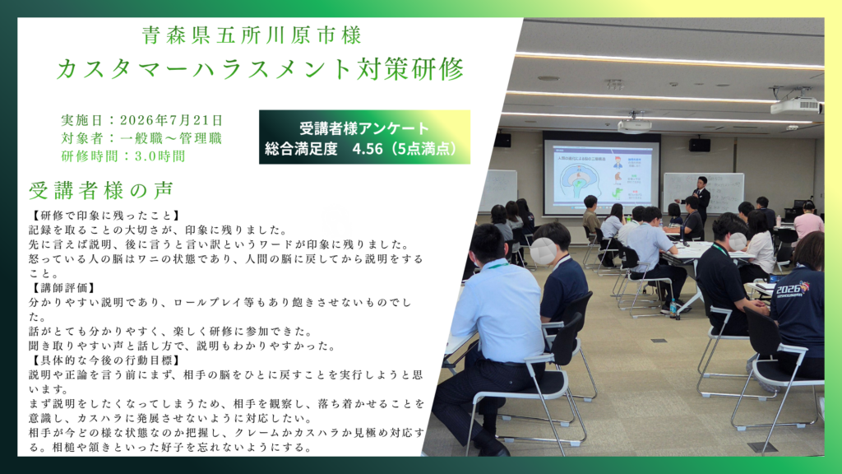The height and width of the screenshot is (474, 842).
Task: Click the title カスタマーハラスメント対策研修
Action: click(260, 69)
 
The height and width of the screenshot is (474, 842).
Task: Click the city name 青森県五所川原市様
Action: click(252, 35)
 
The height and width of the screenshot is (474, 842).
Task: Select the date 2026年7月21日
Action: click(171, 120)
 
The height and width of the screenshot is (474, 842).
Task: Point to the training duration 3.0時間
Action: click(160, 156)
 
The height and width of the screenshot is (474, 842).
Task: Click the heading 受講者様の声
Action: click(101, 190)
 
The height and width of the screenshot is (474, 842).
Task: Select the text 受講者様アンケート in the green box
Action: click(364, 128)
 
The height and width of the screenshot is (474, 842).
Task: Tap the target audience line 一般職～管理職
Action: click(171, 138)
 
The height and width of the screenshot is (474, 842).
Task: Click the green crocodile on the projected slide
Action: click(618, 193)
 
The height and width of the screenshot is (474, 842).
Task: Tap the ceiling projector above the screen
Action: click(634, 126)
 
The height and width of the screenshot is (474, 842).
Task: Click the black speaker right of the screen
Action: click(700, 145)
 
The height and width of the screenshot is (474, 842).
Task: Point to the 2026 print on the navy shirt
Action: click(793, 289)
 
